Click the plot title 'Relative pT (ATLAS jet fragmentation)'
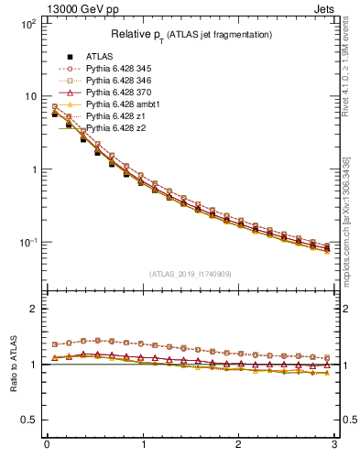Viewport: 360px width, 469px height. click(191, 35)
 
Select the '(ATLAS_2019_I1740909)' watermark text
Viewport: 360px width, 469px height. click(191, 274)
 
